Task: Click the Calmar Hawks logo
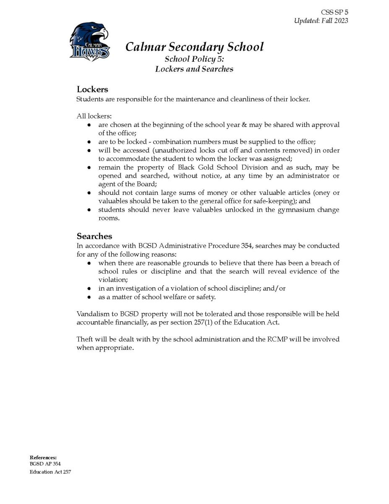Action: coord(89,42)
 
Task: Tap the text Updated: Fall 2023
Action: coord(321,21)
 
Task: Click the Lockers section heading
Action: coord(92,89)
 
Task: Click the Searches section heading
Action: coord(94,236)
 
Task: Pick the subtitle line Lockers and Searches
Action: coord(194,69)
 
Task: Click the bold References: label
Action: coord(43,457)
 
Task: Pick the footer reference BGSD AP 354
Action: coord(43,464)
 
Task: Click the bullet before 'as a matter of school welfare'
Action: coord(89,297)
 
